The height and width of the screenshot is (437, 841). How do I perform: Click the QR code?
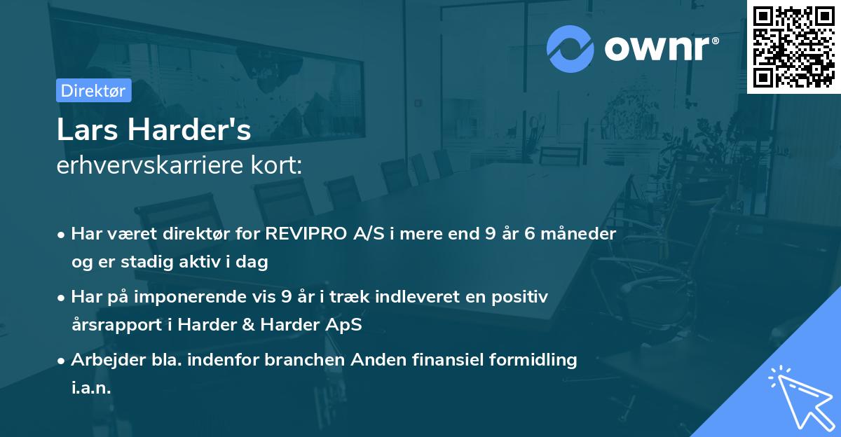click(793, 46)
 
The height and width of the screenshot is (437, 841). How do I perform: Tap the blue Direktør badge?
click(93, 90)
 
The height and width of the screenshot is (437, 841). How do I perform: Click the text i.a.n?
click(91, 388)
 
